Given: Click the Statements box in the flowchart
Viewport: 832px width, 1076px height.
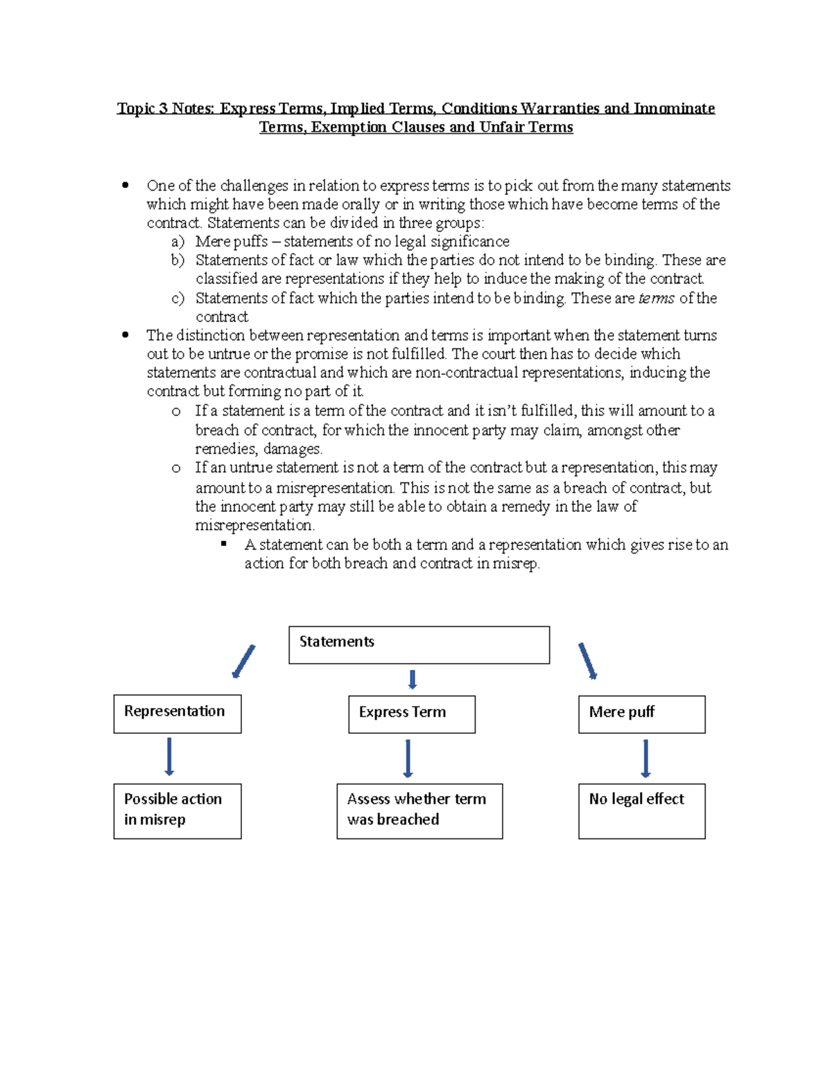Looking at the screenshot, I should pos(419,645).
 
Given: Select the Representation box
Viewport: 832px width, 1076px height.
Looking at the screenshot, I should pos(177,714).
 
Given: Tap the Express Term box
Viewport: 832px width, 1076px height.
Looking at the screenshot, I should pos(412,714).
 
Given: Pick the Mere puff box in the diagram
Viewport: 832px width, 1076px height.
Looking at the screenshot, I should pos(641,714).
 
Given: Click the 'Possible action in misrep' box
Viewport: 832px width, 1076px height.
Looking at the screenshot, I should pos(177,811).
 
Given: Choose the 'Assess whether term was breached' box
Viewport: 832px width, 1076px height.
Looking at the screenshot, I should pos(419,811).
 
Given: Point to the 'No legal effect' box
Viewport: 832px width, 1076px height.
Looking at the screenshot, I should pos(641,811).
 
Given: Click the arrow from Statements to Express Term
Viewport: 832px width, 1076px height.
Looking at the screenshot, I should pos(413,679).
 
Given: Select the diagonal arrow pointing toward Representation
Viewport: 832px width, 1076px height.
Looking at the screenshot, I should pos(243,662).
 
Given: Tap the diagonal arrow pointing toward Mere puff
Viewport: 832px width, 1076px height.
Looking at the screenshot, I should pos(587,661).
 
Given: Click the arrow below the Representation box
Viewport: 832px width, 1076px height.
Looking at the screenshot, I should pos(169,757).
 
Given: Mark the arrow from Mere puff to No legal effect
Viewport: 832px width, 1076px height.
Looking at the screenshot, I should pos(645,759).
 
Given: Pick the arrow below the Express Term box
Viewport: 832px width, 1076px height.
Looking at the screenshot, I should pos(408,759).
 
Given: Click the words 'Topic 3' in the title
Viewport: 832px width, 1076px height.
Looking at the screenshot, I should pos(142,109).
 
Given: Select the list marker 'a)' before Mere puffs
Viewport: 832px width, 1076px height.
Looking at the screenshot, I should pos(177,242).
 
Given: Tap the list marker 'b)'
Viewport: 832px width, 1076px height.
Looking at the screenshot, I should pos(177,261).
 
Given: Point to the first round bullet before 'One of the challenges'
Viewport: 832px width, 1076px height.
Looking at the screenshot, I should pos(125,185).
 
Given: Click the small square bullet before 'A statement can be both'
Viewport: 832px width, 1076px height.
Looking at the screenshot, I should pos(224,545).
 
